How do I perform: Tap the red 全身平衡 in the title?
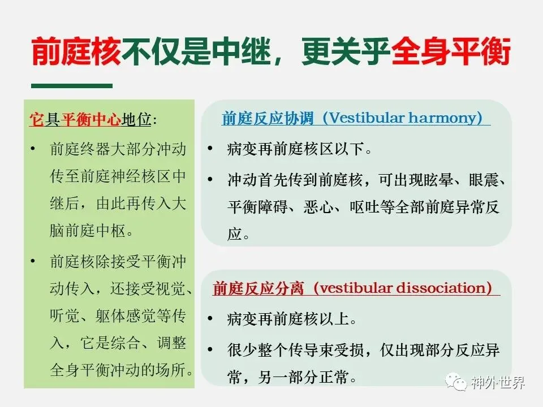click(451, 51)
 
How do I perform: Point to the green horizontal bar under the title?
click(72, 85)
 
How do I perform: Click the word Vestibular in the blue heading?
click(367, 118)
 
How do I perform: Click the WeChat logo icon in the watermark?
click(456, 382)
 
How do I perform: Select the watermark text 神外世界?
click(498, 383)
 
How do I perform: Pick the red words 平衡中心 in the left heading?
click(91, 120)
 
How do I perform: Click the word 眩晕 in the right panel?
click(438, 180)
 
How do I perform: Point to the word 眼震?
click(484, 180)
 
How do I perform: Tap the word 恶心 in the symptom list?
click(319, 207)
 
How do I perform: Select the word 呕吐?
click(365, 207)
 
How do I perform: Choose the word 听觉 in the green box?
click(64, 315)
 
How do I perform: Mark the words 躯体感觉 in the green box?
click(126, 315)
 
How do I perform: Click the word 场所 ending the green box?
click(171, 370)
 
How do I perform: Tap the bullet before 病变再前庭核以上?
click(210, 318)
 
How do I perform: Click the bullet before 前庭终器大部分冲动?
click(33, 149)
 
